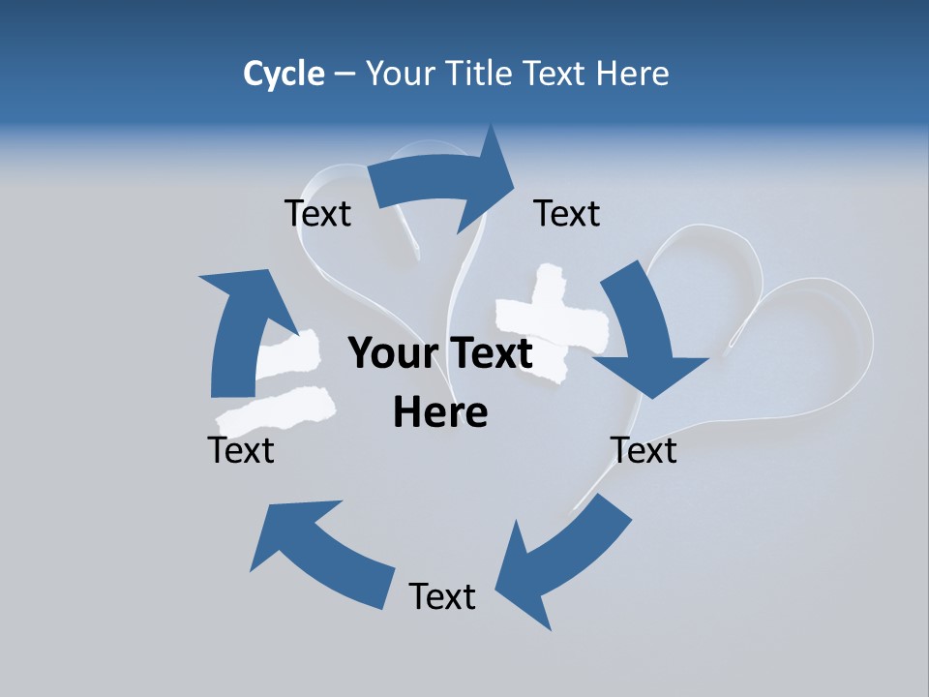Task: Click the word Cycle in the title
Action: pyautogui.click(x=284, y=74)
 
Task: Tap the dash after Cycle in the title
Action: pyautogui.click(x=345, y=75)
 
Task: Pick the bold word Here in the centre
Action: pyautogui.click(x=440, y=412)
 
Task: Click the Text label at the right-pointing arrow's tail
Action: pyautogui.click(x=317, y=213)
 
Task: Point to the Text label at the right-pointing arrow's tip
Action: pyautogui.click(x=567, y=213)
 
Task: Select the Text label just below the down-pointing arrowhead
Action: pyautogui.click(x=644, y=450)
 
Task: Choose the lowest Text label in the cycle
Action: pyautogui.click(x=442, y=596)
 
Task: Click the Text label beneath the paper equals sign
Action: pyautogui.click(x=241, y=450)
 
